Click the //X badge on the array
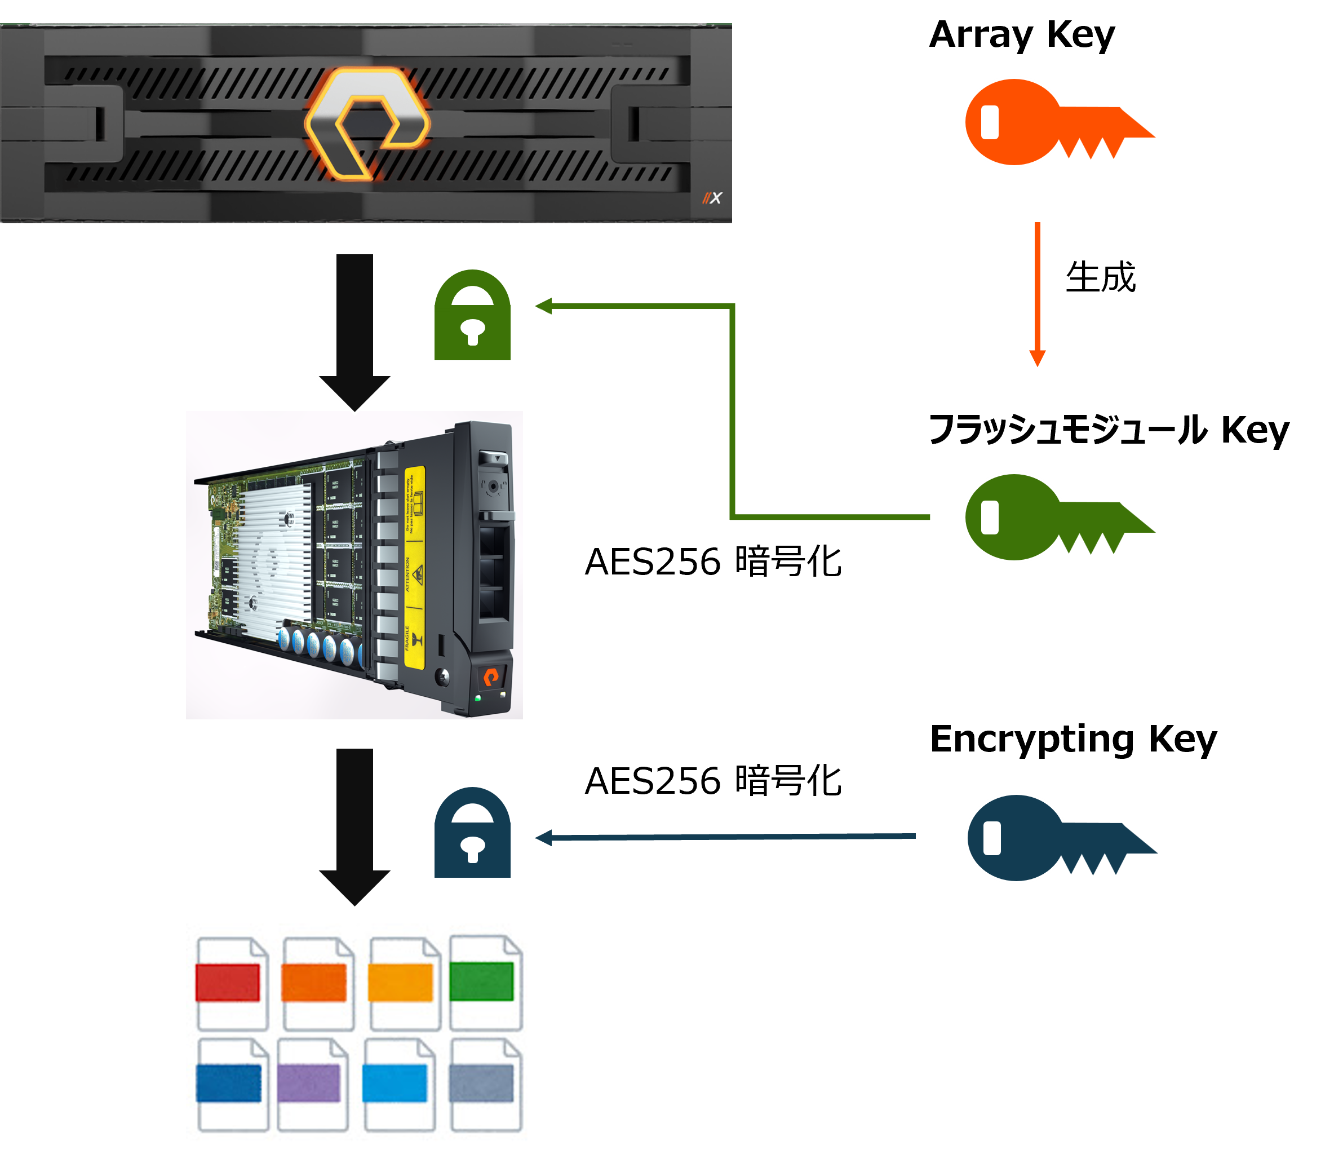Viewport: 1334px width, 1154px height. (712, 198)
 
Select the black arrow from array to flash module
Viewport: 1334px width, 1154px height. (354, 329)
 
